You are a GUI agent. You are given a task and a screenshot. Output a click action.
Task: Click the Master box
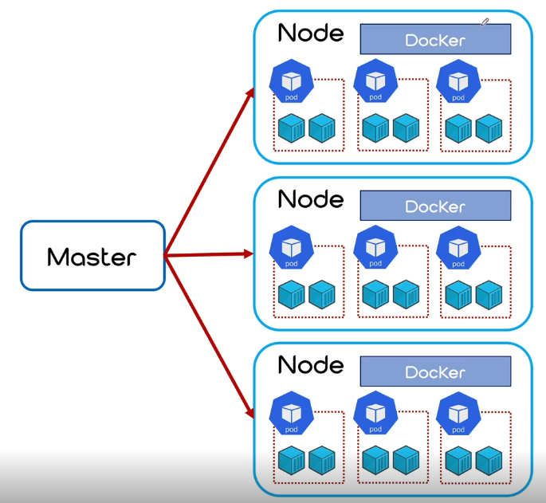click(92, 255)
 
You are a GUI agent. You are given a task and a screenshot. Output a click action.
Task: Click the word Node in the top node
click(311, 33)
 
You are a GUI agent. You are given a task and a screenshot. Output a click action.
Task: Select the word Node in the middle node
click(311, 199)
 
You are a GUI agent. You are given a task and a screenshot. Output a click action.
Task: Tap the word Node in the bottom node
click(311, 365)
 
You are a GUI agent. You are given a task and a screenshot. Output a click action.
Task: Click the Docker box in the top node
click(436, 39)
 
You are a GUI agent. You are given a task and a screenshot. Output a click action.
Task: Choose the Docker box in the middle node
click(436, 206)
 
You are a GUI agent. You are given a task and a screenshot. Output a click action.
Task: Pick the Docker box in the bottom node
click(436, 371)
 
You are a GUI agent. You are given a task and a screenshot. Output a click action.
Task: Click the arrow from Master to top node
click(210, 171)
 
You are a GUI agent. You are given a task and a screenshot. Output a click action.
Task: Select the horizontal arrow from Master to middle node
click(210, 254)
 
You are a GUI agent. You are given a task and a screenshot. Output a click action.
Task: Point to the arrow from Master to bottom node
click(210, 337)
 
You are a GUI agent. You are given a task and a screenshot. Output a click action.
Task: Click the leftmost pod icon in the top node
click(292, 81)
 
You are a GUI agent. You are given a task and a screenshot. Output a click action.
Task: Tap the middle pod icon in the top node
click(375, 81)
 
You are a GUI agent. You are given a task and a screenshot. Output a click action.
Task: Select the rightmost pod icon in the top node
click(458, 81)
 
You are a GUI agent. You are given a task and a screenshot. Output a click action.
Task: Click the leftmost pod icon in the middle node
click(292, 248)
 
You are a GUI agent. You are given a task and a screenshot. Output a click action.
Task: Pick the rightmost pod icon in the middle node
click(458, 248)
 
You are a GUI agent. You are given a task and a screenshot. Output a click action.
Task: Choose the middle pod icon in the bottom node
click(375, 413)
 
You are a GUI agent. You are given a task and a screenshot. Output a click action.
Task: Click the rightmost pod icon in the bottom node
click(458, 414)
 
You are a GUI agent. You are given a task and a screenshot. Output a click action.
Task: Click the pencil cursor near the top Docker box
click(485, 22)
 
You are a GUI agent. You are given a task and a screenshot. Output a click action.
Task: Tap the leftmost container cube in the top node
click(292, 128)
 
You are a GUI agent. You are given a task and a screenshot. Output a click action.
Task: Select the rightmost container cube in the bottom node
click(489, 461)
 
